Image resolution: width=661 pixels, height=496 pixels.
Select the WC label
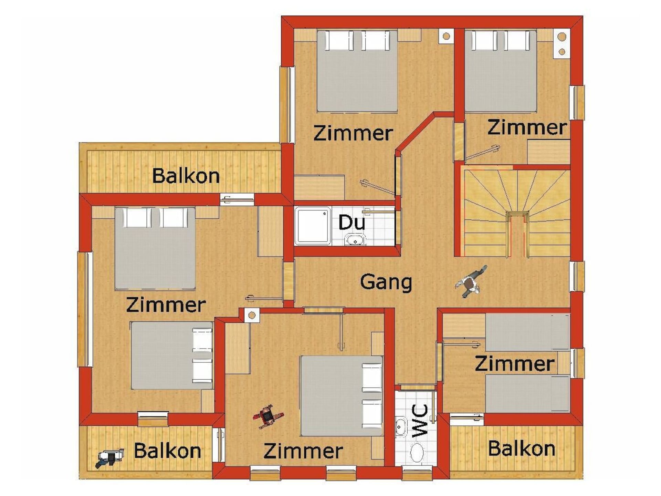pos(420,421)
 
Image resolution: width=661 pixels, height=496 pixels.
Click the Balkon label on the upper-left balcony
pos(186,176)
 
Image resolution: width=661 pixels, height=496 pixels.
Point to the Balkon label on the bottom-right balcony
pos(522,448)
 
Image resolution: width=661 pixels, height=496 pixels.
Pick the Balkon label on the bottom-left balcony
pos(168,451)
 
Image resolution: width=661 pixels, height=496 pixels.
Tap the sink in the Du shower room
pos(355,239)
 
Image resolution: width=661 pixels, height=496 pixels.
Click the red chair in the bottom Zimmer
pos(268,416)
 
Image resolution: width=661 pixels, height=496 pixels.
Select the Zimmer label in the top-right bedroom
pos(527,127)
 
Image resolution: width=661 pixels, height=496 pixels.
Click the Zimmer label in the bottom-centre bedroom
pos(303,451)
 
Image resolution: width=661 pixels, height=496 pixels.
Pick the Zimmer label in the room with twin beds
pos(515,364)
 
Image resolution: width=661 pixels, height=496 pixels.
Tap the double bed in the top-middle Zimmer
pos(357,71)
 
